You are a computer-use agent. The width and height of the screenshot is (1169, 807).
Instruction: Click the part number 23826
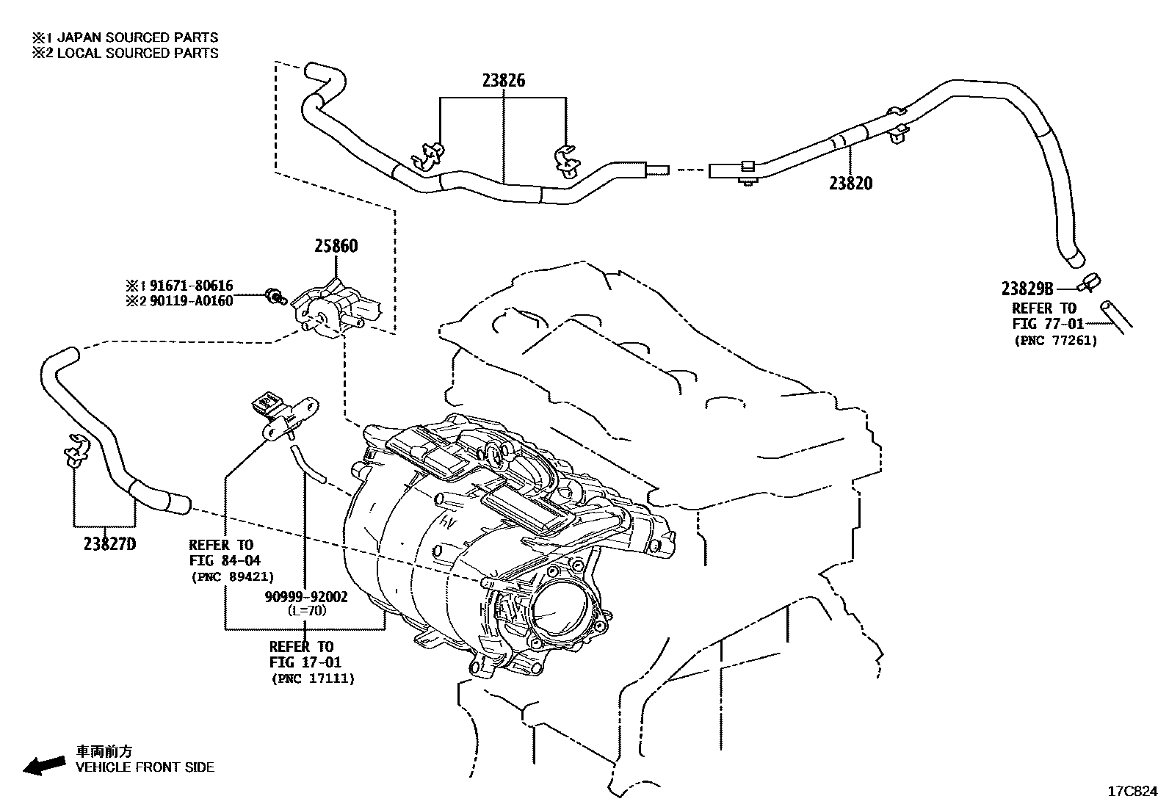(x=503, y=81)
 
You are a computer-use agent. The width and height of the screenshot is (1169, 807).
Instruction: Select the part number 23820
(x=850, y=184)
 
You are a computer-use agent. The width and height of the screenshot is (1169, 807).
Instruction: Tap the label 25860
(x=336, y=246)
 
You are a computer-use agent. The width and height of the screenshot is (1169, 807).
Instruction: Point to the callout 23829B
(x=1027, y=289)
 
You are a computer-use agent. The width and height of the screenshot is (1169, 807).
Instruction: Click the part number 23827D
(x=109, y=544)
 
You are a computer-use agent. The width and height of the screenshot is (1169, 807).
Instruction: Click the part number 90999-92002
(x=306, y=597)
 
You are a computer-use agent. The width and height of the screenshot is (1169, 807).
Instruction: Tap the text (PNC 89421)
(x=232, y=576)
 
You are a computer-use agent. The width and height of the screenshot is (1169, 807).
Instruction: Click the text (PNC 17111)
(x=313, y=678)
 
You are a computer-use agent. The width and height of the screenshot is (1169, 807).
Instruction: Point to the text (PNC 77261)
(x=1055, y=340)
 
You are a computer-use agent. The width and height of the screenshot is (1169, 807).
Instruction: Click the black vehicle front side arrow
(x=43, y=766)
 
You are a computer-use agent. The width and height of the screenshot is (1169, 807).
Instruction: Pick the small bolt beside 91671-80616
(x=276, y=295)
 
